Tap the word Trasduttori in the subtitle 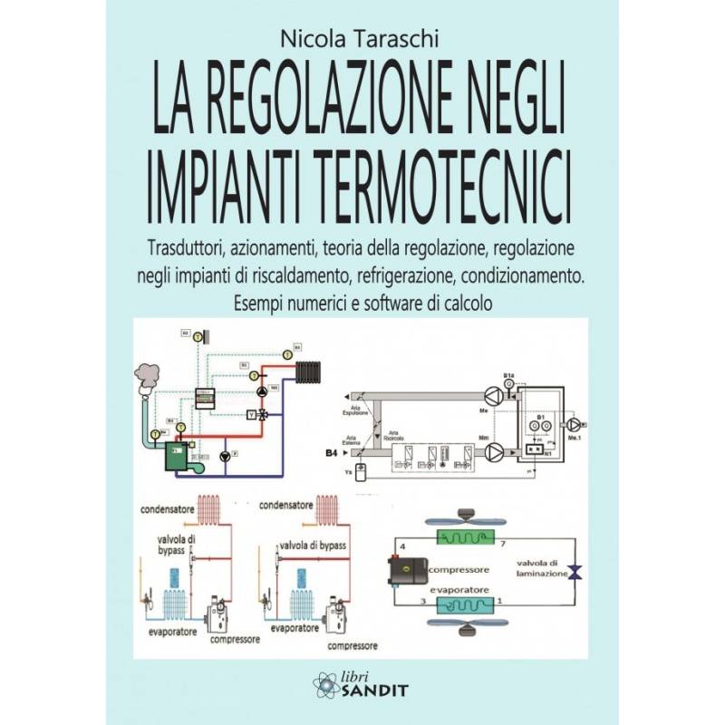coord(186,246)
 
